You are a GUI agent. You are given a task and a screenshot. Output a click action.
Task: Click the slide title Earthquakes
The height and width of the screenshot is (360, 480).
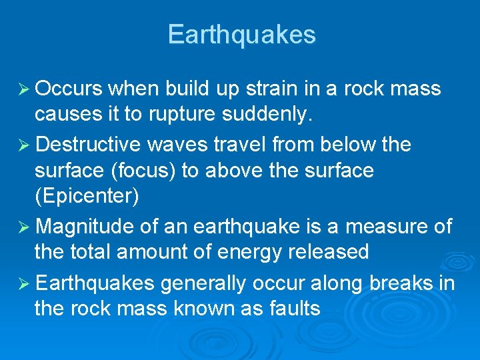pos(241,35)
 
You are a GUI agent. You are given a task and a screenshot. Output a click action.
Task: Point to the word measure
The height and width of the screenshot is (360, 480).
pos(387,227)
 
